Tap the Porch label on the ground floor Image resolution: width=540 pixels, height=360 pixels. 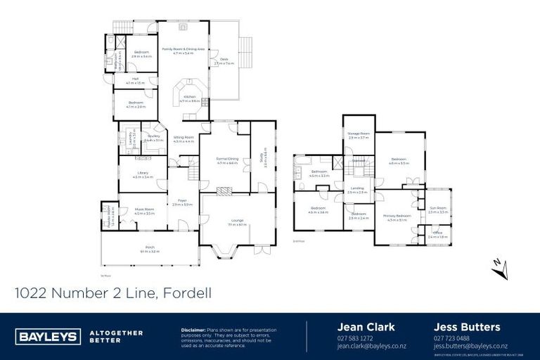coord(149,247)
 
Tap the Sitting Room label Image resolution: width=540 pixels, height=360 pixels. coord(184,139)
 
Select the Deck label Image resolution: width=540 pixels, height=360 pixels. coord(224,60)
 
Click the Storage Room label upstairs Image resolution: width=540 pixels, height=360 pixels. coord(359,134)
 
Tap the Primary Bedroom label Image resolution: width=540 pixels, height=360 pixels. coord(397,217)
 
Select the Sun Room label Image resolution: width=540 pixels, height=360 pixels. coord(437,210)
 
